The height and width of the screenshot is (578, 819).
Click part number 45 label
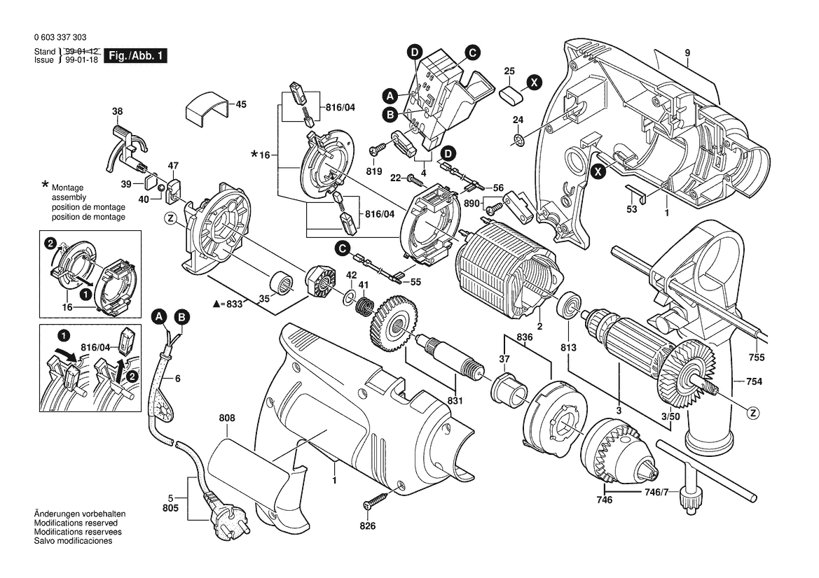coord(240,105)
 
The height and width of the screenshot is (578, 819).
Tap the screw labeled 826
coord(375,502)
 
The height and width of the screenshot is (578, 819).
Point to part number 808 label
coord(226,418)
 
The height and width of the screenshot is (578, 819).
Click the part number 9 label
coord(688,53)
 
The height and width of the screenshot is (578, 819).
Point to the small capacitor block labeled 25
coord(511,92)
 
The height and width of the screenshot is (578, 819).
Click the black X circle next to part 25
coord(534,83)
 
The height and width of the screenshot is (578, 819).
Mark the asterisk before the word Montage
coord(46,185)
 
